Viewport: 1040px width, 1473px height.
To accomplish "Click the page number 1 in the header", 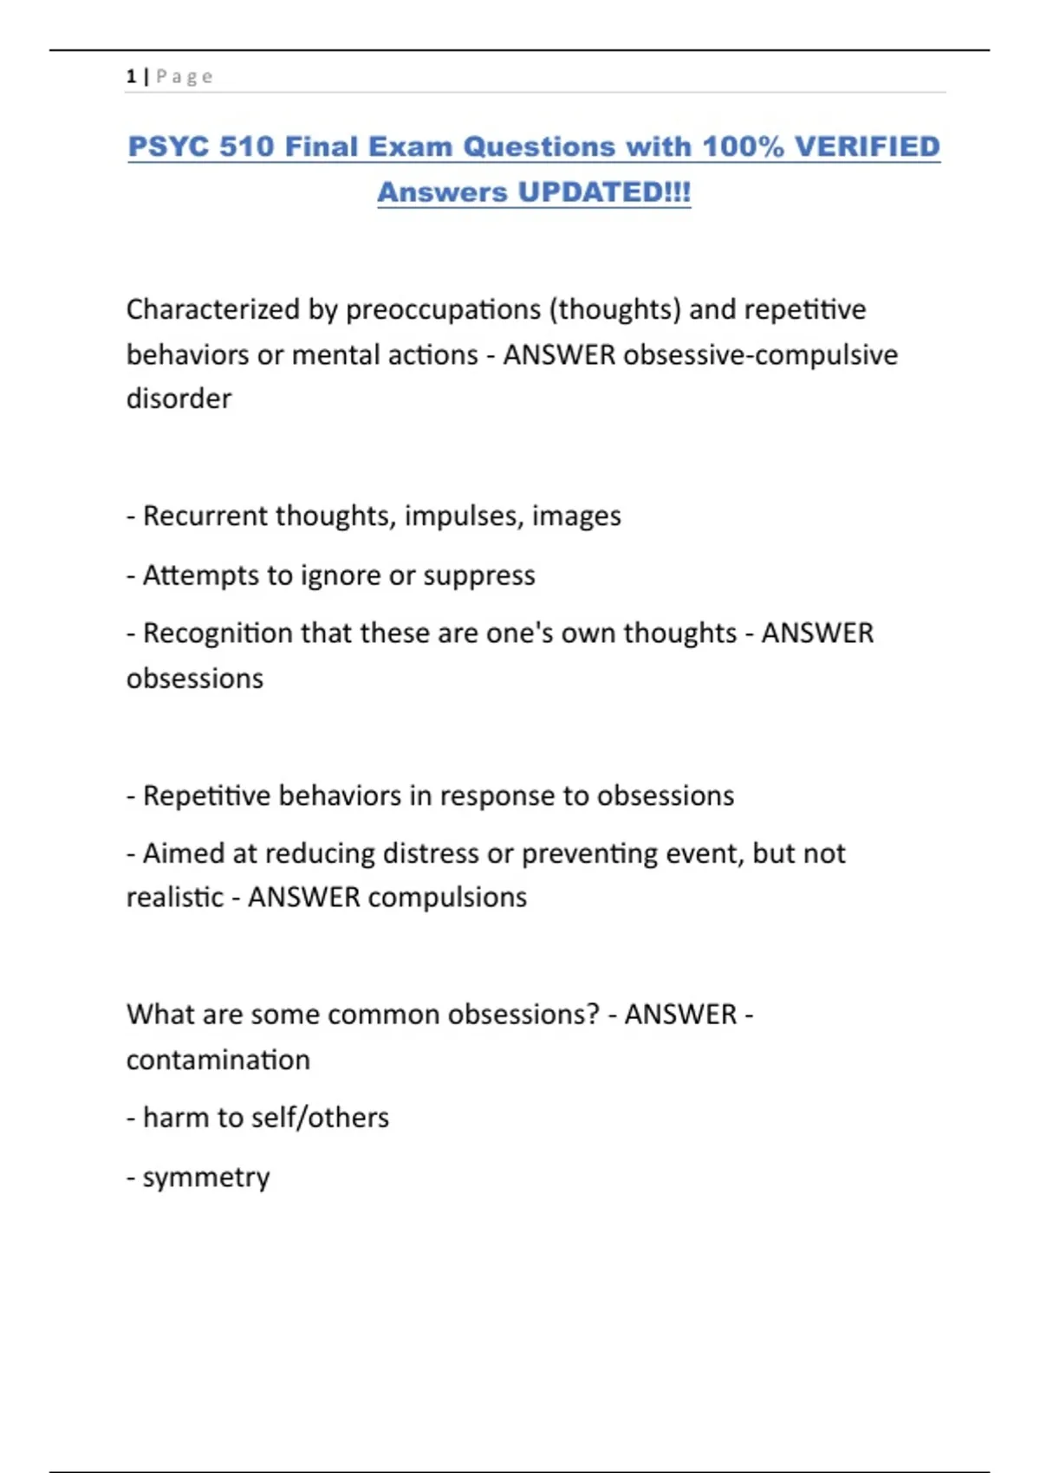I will [x=131, y=76].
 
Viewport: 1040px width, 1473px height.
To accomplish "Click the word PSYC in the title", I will [x=168, y=146].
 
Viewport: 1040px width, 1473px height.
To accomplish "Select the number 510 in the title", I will [x=247, y=146].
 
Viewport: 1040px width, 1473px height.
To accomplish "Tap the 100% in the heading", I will [x=742, y=146].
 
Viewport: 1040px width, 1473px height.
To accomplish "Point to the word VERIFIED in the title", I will [x=867, y=146].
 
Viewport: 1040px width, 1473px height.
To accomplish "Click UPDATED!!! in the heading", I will [x=604, y=191].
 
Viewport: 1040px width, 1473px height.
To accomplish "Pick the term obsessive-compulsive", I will [x=760, y=354].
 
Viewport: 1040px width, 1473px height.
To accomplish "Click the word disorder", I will [x=179, y=399].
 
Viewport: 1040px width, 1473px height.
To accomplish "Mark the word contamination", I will [x=218, y=1060].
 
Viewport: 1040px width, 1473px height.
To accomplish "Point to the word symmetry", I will [x=206, y=1178].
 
